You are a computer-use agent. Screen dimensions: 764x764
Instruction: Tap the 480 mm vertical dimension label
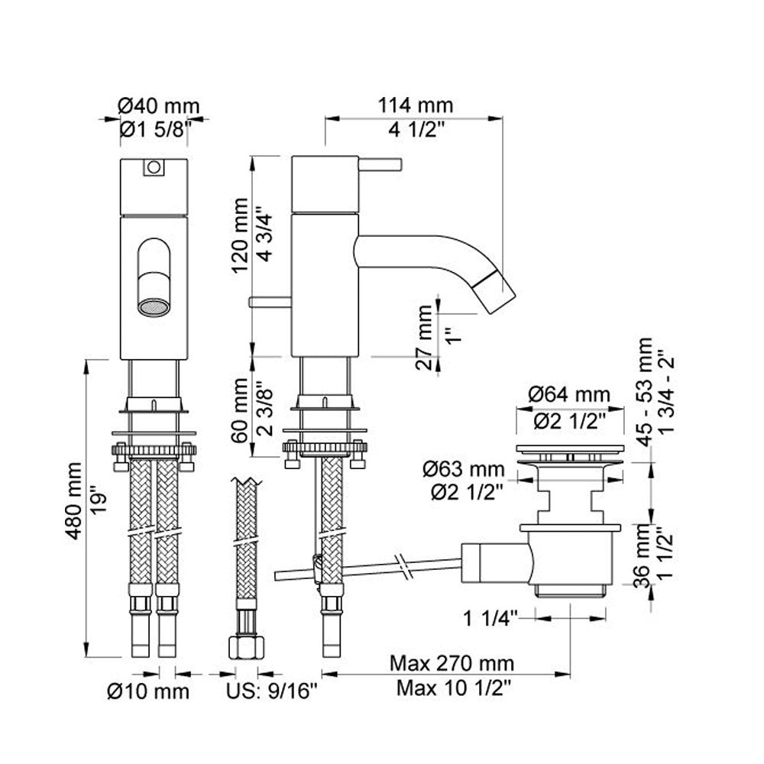pyautogui.click(x=74, y=500)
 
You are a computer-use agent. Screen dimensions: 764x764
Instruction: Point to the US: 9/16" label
pyautogui.click(x=272, y=692)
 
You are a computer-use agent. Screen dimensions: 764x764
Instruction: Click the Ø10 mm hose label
pyautogui.click(x=148, y=692)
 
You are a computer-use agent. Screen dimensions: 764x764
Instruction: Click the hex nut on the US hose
pyautogui.click(x=244, y=649)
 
